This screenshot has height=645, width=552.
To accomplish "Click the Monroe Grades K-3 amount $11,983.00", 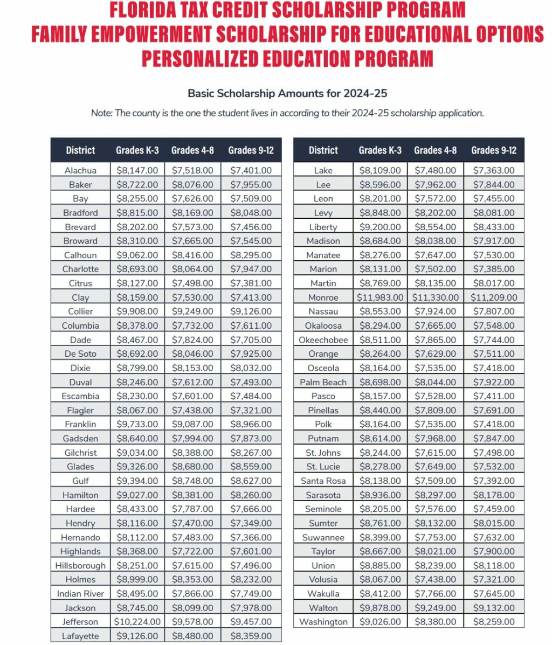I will [x=380, y=297].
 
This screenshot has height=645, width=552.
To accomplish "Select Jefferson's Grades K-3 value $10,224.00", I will [x=137, y=622].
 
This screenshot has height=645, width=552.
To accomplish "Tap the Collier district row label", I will [x=80, y=311].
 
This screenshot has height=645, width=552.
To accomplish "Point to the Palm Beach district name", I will [x=323, y=382].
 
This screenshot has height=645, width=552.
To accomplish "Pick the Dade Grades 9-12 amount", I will [x=251, y=340].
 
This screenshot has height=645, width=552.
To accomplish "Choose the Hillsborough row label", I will [x=80, y=565].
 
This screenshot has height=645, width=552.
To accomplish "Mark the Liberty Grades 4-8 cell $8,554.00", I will [x=435, y=227].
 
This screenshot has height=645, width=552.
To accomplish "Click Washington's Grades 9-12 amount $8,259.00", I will [x=493, y=622].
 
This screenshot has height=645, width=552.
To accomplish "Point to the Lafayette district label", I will [x=80, y=636].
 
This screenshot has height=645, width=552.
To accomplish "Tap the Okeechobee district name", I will [x=323, y=340].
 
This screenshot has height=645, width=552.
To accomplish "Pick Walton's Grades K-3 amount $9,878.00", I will [x=380, y=608].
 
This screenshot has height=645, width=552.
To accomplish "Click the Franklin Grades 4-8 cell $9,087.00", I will [x=192, y=424].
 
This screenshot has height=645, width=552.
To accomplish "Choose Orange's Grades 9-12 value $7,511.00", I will [x=493, y=354].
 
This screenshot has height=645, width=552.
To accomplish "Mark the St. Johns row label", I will [x=323, y=453].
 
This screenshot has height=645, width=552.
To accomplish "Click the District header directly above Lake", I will [x=323, y=150].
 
